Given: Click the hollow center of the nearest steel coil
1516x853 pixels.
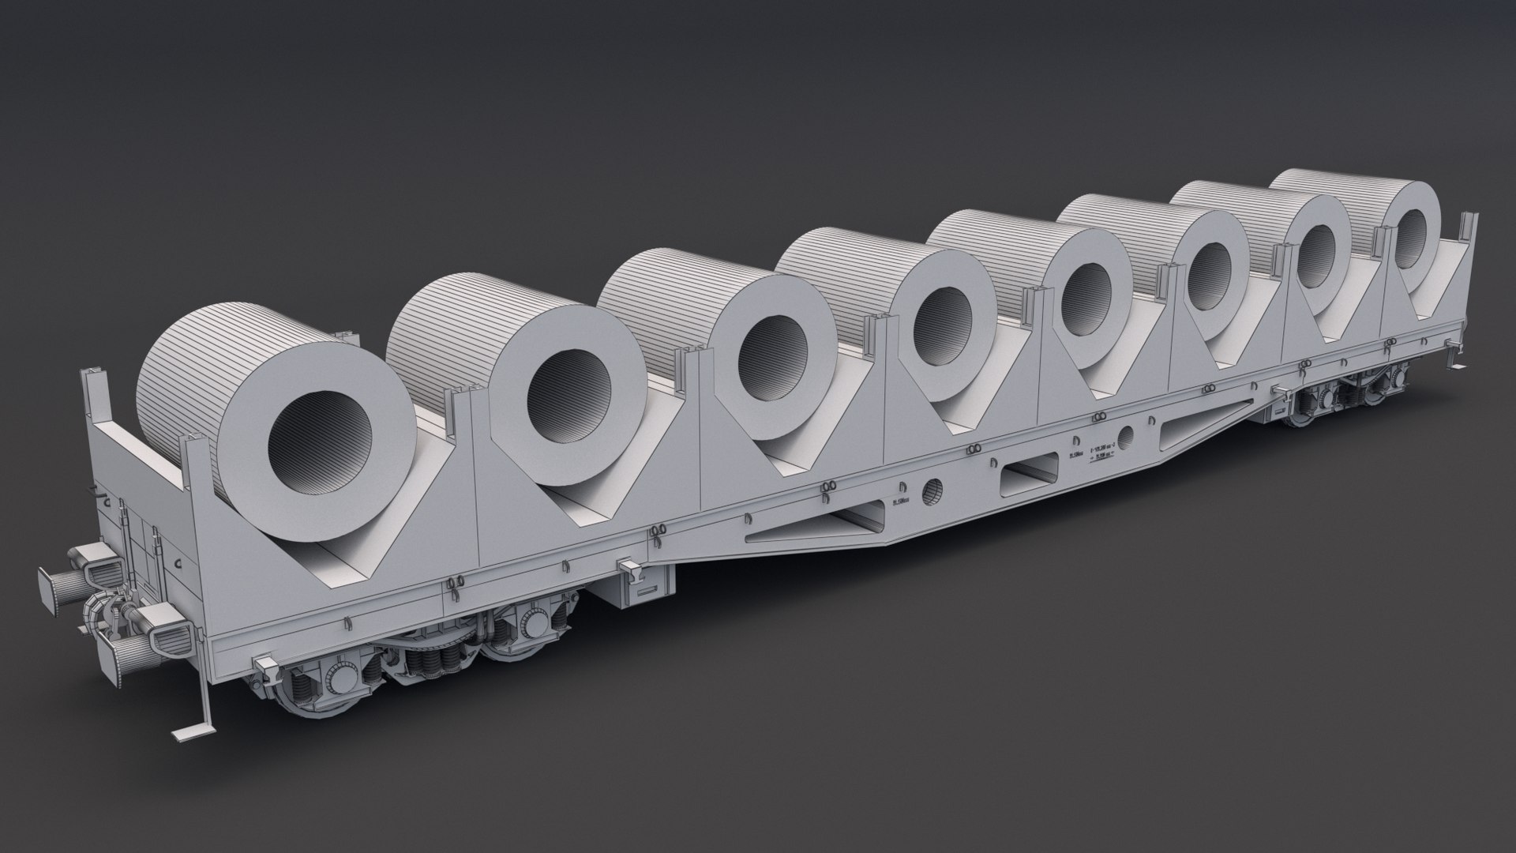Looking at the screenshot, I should point(320,442).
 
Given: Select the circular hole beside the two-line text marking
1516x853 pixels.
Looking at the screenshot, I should point(1127,434).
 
